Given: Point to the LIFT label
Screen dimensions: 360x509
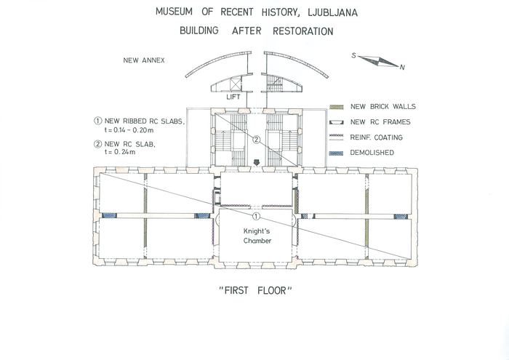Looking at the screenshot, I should click(x=233, y=96).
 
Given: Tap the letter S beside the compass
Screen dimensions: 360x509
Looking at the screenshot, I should click(x=353, y=55).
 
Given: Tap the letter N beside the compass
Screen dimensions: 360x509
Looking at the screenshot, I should click(x=402, y=67).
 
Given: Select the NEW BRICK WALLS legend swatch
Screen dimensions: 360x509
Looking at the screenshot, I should click(x=336, y=107).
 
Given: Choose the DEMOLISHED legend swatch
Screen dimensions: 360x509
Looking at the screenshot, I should click(x=336, y=153).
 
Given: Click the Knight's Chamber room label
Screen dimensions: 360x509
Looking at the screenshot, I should click(x=255, y=236).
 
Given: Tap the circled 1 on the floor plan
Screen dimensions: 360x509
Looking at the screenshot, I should click(x=255, y=217).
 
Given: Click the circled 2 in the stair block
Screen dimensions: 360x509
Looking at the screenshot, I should click(x=255, y=139).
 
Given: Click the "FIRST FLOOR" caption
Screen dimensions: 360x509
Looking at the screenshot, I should click(x=255, y=290).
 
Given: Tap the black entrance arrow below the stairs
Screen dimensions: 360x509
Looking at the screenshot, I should click(x=255, y=162).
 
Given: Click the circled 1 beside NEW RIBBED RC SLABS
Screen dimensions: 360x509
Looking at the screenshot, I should click(x=98, y=121).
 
